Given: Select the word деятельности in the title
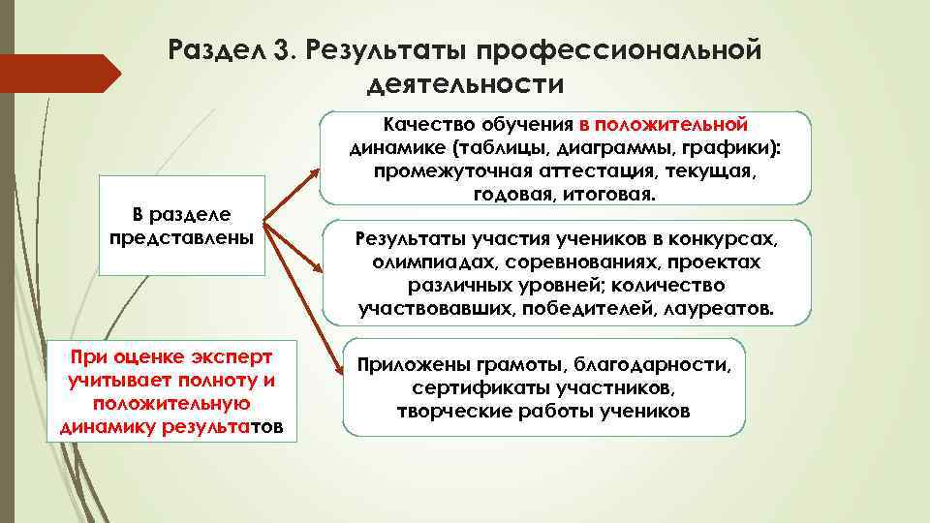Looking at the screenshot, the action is tap(465, 85).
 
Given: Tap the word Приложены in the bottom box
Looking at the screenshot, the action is tap(414, 365).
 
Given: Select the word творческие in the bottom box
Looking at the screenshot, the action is tap(443, 411).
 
